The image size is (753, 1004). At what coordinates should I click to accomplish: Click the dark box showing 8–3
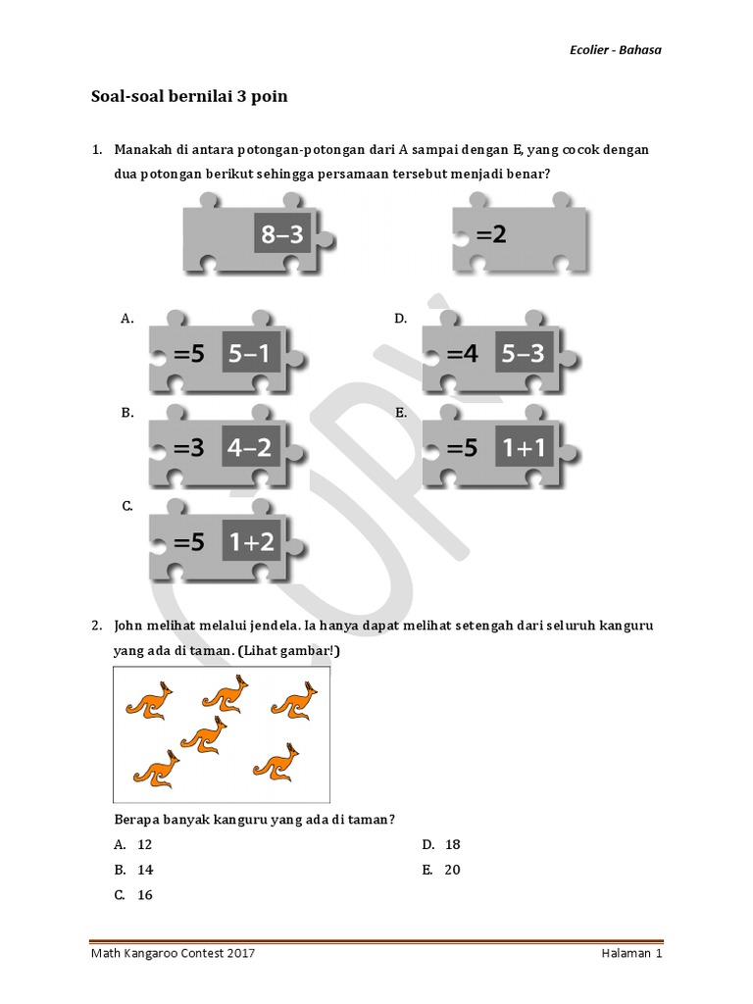point(282,234)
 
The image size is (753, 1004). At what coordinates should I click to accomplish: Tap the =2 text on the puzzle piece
point(491,234)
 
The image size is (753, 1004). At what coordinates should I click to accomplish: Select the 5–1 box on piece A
point(251,352)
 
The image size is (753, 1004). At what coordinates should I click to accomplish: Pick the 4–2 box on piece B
point(251,447)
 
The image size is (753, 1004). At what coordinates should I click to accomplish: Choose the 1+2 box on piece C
point(251,541)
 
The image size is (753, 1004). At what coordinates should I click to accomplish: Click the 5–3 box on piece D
point(524,352)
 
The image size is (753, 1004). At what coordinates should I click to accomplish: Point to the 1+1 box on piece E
point(524,447)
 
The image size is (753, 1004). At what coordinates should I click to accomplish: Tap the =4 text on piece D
point(463,353)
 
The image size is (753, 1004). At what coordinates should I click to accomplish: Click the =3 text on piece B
point(189,447)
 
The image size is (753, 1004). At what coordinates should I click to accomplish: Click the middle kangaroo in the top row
point(226,694)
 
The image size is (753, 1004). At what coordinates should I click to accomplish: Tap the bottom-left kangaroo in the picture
point(156,769)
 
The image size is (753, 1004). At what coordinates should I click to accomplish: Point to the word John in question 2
point(128,626)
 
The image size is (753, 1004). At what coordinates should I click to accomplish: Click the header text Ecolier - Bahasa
point(616,50)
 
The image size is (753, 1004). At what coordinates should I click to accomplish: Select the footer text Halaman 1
point(631,953)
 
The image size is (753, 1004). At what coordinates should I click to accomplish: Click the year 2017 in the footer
point(241,953)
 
